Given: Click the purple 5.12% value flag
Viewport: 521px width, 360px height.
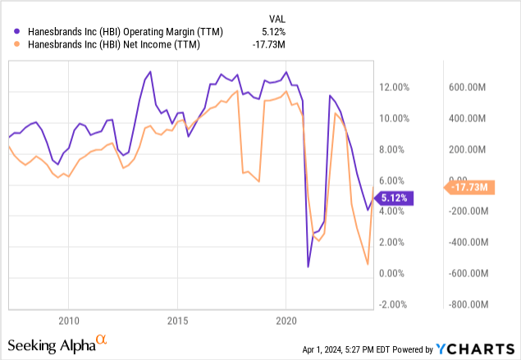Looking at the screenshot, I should [x=399, y=197].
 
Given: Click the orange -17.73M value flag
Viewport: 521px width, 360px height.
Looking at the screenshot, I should [x=468, y=188].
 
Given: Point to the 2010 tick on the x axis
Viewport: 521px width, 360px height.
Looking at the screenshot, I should [x=68, y=318].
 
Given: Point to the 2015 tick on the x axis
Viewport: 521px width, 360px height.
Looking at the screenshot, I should [x=177, y=318].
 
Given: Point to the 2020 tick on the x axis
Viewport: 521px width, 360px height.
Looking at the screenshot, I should [x=286, y=318].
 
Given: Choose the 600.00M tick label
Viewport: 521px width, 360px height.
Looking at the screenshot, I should [x=470, y=88].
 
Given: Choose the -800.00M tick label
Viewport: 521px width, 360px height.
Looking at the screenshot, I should [x=468, y=304].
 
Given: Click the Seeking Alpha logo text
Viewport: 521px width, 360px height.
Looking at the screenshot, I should [x=52, y=343].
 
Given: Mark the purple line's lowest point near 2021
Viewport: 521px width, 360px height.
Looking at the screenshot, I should [x=308, y=267].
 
